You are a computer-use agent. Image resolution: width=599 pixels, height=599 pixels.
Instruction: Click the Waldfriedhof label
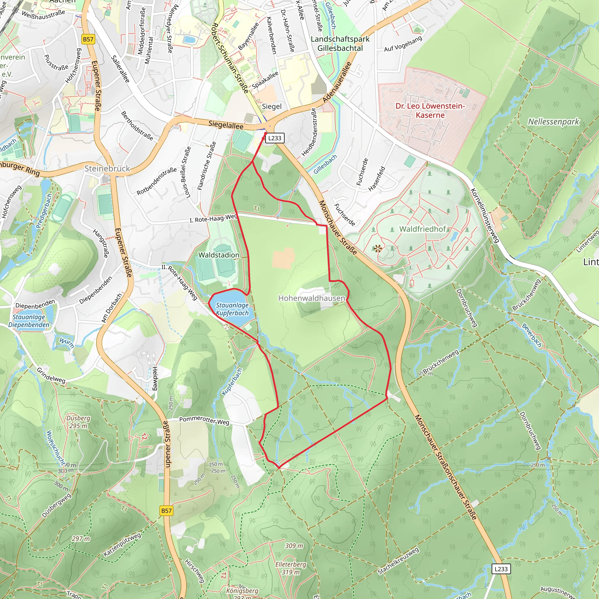pyautogui.click(x=422, y=229)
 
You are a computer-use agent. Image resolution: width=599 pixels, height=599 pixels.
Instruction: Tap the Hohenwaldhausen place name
pyautogui.click(x=311, y=298)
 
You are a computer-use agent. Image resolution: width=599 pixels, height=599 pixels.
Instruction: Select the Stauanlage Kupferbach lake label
pyautogui.click(x=232, y=309)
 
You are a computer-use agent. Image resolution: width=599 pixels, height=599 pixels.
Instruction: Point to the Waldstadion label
pyautogui.click(x=219, y=255)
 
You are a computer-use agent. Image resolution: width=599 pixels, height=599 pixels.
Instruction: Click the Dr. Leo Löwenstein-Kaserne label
pyautogui.click(x=430, y=110)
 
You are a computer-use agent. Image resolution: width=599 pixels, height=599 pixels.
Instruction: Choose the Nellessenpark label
pyautogui.click(x=553, y=122)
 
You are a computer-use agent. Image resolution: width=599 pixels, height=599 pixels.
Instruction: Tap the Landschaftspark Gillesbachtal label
pyautogui.click(x=340, y=44)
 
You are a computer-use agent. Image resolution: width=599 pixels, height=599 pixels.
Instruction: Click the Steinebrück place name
pyautogui.click(x=107, y=168)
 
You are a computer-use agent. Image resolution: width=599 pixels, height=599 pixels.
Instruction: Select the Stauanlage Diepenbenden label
pyautogui.click(x=29, y=321)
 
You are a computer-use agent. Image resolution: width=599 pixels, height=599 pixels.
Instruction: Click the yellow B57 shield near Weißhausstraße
pyautogui.click(x=88, y=39)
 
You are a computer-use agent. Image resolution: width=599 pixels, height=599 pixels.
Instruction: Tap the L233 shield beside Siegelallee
pyautogui.click(x=275, y=138)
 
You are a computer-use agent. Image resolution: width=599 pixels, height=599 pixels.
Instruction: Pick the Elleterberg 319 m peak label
pyautogui.click(x=291, y=568)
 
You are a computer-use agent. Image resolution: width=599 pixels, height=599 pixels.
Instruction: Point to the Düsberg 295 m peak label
pyautogui.click(x=78, y=422)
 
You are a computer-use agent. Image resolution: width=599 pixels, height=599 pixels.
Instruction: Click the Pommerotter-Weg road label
pyautogui.click(x=204, y=420)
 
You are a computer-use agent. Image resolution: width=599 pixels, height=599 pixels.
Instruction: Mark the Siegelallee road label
pyautogui.click(x=226, y=125)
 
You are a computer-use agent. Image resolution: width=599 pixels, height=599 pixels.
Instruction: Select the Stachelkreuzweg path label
pyautogui.click(x=398, y=561)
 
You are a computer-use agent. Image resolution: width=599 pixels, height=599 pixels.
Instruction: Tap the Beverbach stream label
pyautogui.click(x=532, y=335)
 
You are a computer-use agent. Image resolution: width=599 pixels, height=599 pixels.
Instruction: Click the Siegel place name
pyautogui.click(x=272, y=106)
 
